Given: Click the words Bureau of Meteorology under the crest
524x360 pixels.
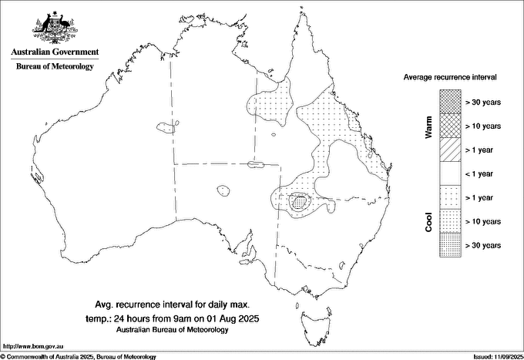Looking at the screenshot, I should point(55,67).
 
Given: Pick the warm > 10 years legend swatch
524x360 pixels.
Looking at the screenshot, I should point(450,125).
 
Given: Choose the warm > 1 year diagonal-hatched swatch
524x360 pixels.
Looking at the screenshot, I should point(450,149).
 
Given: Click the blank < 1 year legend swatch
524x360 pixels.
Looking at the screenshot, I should point(450,173).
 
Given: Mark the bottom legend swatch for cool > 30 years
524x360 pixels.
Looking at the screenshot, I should point(450,245).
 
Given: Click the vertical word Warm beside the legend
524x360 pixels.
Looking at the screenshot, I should point(429,126).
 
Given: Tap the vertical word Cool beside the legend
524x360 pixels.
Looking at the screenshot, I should point(429,222).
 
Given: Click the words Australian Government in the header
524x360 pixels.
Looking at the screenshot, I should point(55,52).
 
